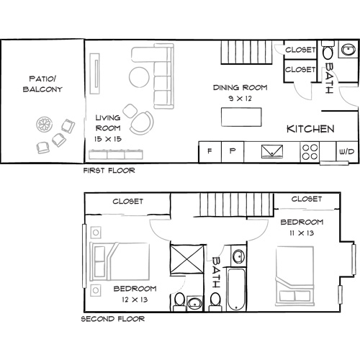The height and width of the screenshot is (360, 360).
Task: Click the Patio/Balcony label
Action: (x=42, y=84)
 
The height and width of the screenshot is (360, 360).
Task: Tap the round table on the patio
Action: (x=45, y=124)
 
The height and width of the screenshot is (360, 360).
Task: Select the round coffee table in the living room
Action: (x=139, y=77)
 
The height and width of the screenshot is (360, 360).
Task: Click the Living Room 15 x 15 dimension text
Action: (x=108, y=139)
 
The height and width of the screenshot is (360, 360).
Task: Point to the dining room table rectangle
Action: (x=241, y=117)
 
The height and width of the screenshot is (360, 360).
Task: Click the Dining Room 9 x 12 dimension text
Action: (x=240, y=99)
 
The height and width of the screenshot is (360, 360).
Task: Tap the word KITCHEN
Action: (x=310, y=129)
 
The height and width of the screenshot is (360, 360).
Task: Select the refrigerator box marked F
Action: (x=210, y=152)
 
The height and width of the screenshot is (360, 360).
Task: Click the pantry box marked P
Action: (x=233, y=152)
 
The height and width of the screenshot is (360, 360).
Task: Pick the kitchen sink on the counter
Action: (x=272, y=151)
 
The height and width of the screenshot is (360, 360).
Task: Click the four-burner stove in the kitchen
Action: (x=310, y=152)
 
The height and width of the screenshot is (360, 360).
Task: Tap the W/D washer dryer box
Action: (x=347, y=152)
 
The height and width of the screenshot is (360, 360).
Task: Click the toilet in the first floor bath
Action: (x=328, y=50)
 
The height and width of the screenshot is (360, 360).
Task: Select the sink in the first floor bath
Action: (x=348, y=50)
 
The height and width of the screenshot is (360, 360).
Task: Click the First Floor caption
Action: (x=109, y=171)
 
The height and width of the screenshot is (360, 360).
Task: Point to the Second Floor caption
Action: (x=113, y=319)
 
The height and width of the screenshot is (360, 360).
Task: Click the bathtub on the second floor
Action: (x=236, y=289)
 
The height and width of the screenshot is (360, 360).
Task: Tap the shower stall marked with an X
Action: (x=186, y=258)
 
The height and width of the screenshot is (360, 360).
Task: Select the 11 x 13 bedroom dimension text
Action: (x=302, y=233)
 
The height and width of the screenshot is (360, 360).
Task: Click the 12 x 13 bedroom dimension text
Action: (x=135, y=300)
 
